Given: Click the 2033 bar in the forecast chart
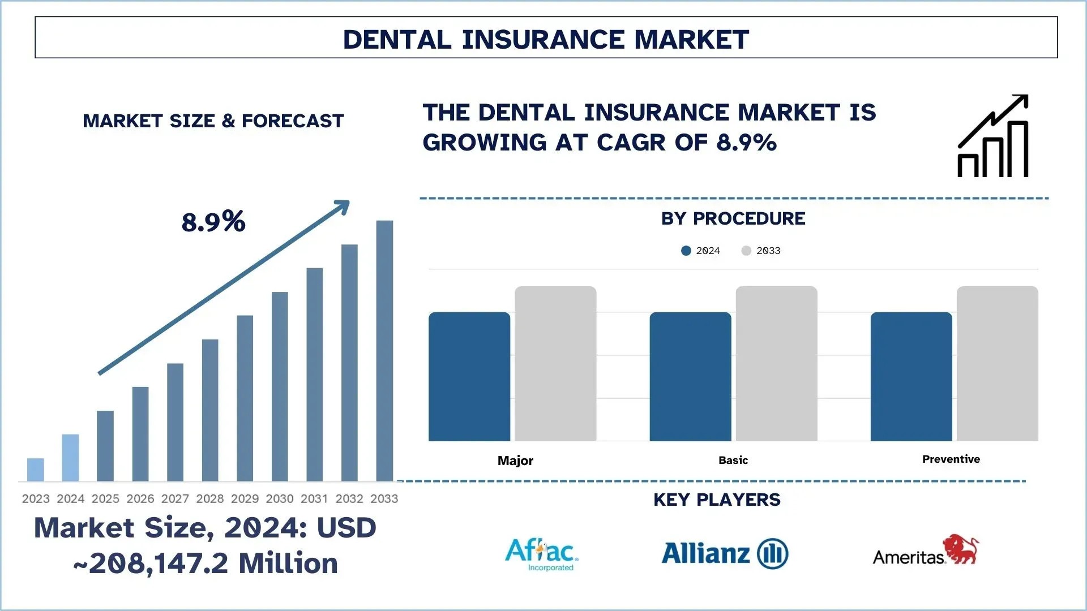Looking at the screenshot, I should tap(384, 351).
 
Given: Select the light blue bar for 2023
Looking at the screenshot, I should tap(36, 470).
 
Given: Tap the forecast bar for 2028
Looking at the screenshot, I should tap(210, 410).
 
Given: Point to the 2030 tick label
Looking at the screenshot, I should tap(280, 498).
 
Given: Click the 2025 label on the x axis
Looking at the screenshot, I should tap(105, 498).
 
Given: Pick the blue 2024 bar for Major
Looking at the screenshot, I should tap(469, 376).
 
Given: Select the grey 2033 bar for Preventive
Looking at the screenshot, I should tap(997, 363).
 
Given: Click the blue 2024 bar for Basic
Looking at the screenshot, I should tap(690, 376).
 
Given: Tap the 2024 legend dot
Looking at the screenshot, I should tap(686, 251).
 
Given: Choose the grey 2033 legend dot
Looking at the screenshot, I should tap(746, 251).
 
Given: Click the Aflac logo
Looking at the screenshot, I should tap(541, 554).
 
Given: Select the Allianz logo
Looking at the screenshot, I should tap(725, 553).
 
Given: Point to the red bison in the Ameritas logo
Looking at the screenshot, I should tap(961, 548).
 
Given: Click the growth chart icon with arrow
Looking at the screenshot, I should tap(993, 136).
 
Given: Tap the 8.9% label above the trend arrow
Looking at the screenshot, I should tap(213, 221).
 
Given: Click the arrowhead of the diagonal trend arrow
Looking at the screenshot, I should tap(342, 206).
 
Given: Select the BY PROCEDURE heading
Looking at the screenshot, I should tap(733, 218).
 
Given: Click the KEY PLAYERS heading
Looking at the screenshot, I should tap(717, 500).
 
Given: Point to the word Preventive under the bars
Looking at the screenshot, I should tap(951, 459).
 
